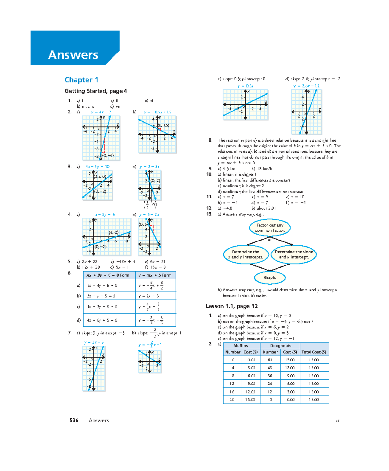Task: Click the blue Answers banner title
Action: (73, 55)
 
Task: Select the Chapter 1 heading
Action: (81, 80)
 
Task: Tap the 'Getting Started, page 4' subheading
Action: (96, 91)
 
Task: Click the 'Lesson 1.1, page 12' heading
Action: (232, 306)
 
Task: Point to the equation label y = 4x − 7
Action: (101, 112)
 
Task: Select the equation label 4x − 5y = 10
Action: (97, 167)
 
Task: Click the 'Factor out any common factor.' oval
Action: (270, 228)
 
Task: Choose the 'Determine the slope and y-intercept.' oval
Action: (294, 254)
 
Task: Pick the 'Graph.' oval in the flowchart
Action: (270, 277)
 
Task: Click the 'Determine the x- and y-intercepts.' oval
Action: (246, 254)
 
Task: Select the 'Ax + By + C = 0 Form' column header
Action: (109, 275)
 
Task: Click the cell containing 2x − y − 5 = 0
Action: (109, 296)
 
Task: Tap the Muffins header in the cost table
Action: (241, 346)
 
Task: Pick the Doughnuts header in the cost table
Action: (280, 346)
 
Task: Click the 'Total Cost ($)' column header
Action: (314, 352)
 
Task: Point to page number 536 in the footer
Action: (74, 420)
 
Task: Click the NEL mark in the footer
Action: (338, 421)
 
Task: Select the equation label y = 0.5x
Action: (245, 86)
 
